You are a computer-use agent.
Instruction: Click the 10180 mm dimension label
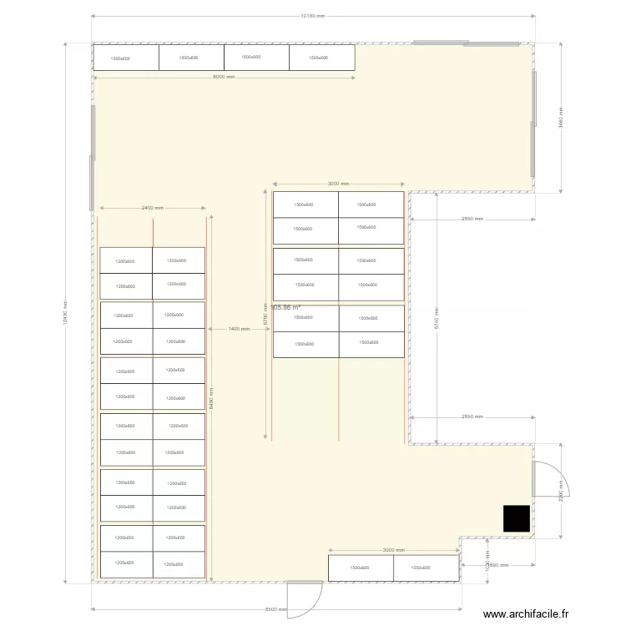(x=312, y=16)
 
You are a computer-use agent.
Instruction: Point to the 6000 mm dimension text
(x=225, y=77)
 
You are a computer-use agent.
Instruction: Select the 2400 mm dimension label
(x=152, y=208)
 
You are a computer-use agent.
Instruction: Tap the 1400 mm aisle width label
(x=239, y=329)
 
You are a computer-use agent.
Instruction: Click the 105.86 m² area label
(x=286, y=308)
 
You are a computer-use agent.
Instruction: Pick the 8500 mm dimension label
(x=276, y=609)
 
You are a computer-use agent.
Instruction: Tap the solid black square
(x=517, y=518)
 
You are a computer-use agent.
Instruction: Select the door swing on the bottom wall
(x=303, y=598)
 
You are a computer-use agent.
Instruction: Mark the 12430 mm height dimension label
(x=65, y=313)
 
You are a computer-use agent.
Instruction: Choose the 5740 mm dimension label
(x=437, y=318)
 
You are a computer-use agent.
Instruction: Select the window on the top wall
(x=441, y=43)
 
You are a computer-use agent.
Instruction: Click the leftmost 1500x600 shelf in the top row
(x=126, y=58)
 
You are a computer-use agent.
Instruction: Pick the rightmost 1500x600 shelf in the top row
(x=322, y=58)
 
